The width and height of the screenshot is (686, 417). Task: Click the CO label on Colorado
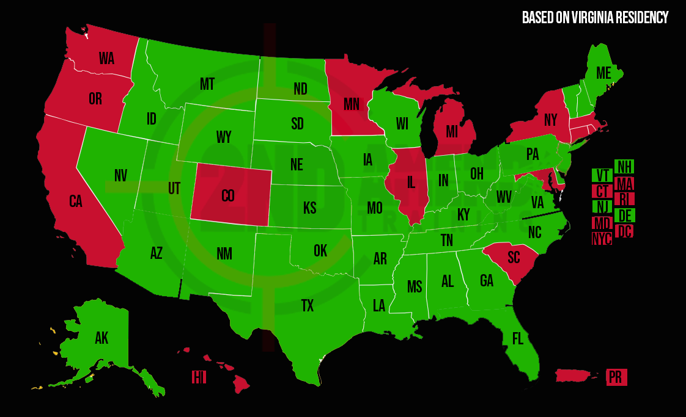click(227, 196)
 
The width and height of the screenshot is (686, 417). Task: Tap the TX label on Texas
click(307, 306)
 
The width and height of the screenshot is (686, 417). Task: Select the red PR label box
click(616, 377)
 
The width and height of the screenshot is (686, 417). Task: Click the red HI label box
click(199, 377)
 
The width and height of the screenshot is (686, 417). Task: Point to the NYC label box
click(602, 239)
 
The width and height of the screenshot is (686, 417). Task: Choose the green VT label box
click(602, 175)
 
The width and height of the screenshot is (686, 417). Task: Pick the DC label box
click(624, 231)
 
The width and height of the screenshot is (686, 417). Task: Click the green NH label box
click(624, 167)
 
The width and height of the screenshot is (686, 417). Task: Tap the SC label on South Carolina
click(514, 256)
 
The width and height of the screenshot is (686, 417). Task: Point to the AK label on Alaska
click(101, 338)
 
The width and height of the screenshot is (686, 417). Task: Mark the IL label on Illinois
click(411, 183)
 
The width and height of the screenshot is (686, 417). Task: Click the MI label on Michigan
click(451, 131)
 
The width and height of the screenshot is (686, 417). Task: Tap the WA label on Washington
click(107, 59)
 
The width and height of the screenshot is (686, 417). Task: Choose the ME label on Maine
click(603, 73)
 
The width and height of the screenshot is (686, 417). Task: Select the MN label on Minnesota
click(351, 104)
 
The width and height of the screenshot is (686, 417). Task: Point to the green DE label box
click(624, 216)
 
